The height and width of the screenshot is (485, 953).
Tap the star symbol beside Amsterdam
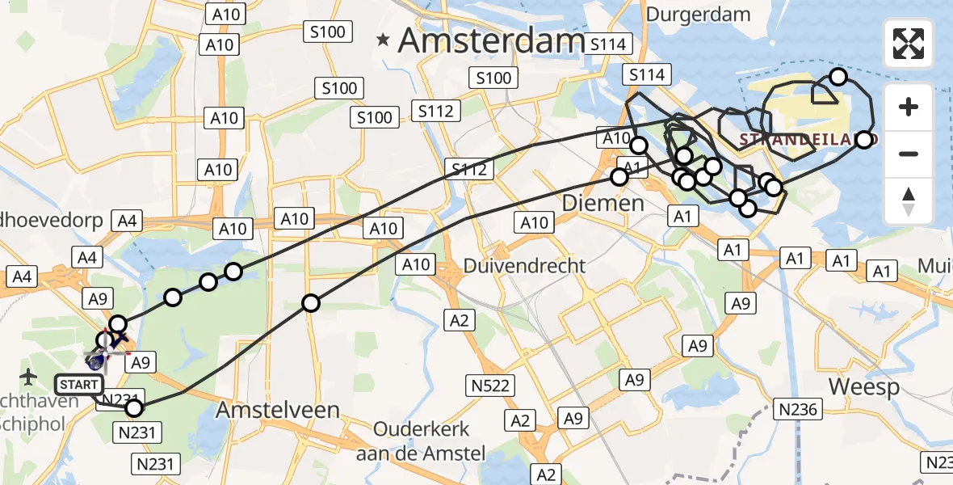coord(384,38)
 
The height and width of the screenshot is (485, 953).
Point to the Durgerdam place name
coord(699,15)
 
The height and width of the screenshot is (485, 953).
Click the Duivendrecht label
coord(524,265)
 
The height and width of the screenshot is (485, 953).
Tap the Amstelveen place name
coord(277,410)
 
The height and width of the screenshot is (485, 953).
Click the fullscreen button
coord(909,44)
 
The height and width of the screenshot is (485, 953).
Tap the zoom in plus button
coord(909,107)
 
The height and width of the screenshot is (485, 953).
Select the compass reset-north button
coord(909,201)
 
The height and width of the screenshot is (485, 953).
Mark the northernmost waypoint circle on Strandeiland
coord(838,77)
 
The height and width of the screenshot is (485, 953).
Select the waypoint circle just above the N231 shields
coord(134,407)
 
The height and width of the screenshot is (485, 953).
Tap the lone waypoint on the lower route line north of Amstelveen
coord(310,303)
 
